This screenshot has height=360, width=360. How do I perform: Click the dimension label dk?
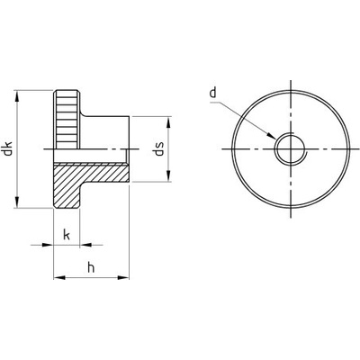[x=8, y=148]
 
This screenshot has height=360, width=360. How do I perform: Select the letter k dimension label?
[x=67, y=234]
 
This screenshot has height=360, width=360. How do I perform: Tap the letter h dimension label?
[x=91, y=267]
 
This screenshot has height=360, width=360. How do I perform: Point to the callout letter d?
[x=213, y=93]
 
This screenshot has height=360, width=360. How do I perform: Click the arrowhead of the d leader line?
[x=271, y=135]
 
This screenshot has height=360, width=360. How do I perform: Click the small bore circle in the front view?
[x=291, y=149]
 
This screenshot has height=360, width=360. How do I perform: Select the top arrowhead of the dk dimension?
[x=17, y=96]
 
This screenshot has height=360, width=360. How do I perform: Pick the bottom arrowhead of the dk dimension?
[x=17, y=202]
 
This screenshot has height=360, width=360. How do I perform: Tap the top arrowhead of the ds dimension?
[x=168, y=123]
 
